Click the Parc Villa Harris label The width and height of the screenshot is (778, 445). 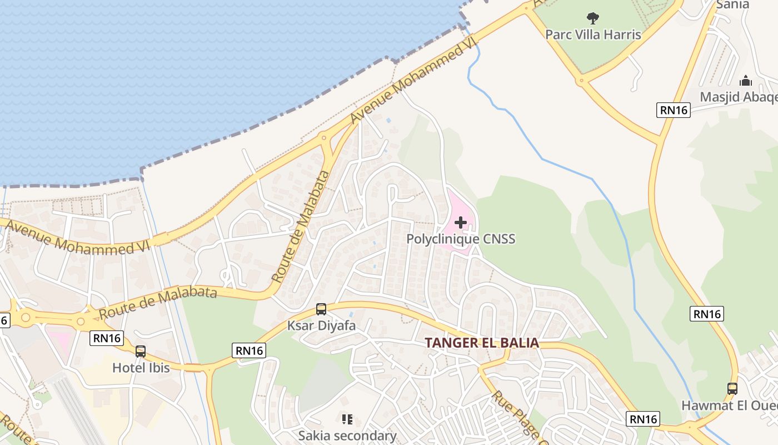coord(593,34)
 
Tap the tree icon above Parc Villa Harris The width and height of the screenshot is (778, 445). coord(593,18)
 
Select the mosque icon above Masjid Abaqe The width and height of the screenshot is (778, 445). coord(746,81)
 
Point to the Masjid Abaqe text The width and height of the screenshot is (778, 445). coord(738,97)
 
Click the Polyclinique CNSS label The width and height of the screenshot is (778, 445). coord(461,239)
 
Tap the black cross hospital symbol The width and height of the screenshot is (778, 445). coord(461,223)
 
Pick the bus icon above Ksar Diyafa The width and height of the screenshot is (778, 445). coord(321,309)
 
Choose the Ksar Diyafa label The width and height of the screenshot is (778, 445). coord(321,325)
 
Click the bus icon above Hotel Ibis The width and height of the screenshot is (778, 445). coord(141,352)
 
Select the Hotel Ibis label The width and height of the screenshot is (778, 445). coord(141,367)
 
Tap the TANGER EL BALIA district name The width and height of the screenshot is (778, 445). coord(482,343)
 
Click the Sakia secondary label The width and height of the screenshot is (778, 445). coord(347,435)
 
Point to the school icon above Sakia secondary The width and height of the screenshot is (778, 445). coord(347,419)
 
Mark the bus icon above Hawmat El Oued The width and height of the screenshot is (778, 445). coord(732,389)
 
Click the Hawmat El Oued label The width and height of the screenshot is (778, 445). coord(729,405)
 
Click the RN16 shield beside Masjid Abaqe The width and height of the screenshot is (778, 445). coord(674,110)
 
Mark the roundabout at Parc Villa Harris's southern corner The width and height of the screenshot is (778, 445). coord(582,80)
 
